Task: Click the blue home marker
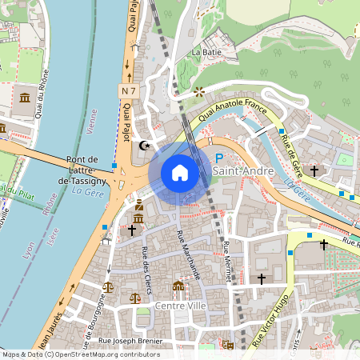(180, 173)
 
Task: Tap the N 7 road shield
(129, 91)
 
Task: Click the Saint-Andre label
(247, 171)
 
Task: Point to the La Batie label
(206, 52)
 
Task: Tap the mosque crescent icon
(145, 146)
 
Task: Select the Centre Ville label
(181, 306)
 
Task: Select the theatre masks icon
(227, 345)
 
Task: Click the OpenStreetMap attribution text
(80, 354)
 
